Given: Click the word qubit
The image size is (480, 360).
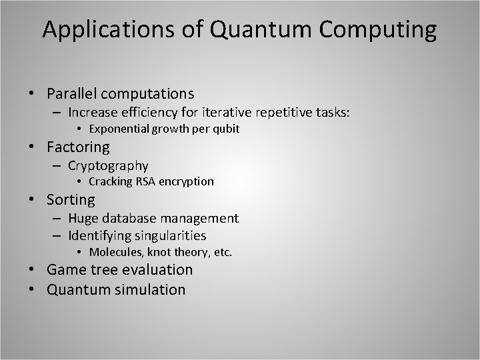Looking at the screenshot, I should coord(225,129).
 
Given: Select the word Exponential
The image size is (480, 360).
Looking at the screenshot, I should coord(119,129).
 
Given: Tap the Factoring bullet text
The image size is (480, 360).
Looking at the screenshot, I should coord(78,147).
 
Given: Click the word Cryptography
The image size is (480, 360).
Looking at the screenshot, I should coord(108,165).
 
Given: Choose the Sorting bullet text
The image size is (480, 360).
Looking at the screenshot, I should coord(71,199).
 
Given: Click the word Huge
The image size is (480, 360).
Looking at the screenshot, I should coord(83,218).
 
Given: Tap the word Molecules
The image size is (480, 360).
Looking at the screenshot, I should coord(114,252).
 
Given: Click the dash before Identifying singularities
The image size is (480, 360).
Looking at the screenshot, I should coord(58,235).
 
